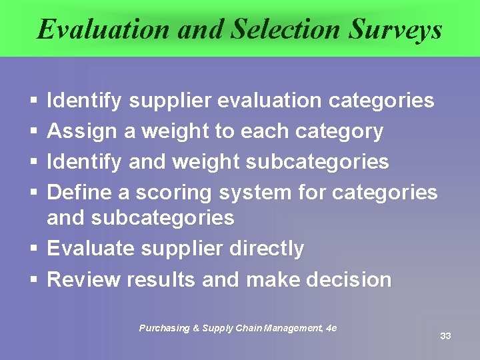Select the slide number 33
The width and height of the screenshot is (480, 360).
coord(445,336)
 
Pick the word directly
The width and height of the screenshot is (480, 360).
coord(267,249)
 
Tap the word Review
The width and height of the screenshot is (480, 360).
coord(82,279)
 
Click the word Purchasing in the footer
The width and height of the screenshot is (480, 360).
coord(165,328)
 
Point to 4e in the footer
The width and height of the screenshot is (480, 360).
coord(331,328)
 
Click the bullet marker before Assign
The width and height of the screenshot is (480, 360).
coord(33,132)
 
